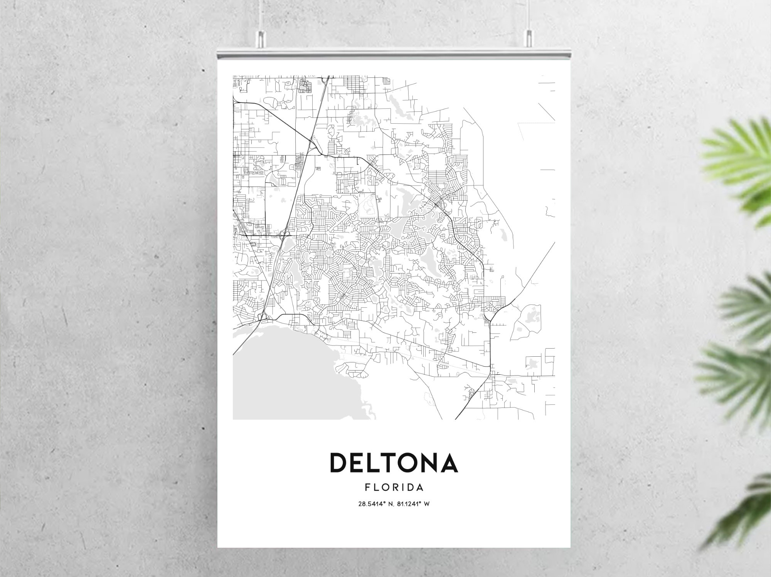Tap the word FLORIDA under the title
click(394, 488)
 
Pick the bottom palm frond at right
click(744, 512)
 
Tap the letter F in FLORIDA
click(367, 488)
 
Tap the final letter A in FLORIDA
click(420, 488)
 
